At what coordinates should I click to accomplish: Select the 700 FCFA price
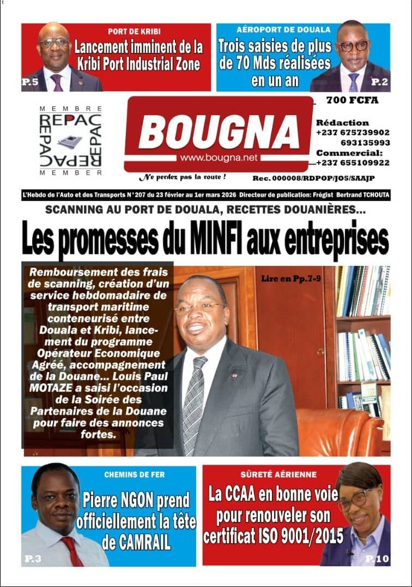point(352,100)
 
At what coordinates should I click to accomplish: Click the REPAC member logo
point(70,141)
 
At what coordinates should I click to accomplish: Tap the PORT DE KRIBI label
point(134,31)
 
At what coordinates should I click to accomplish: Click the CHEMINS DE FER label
point(135,475)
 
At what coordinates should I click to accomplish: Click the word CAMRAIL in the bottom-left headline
point(136,543)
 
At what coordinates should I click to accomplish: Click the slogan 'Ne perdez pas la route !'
point(182,177)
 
